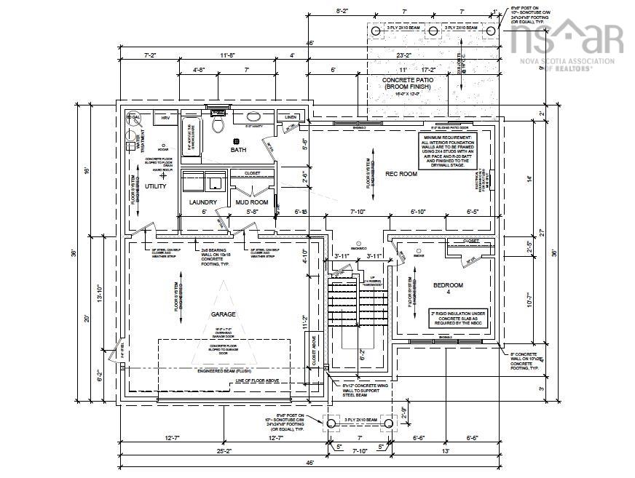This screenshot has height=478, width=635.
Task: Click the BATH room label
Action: tap(239, 150)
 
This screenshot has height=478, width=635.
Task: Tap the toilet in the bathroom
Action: tap(216, 124)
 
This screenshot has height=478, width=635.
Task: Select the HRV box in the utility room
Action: tap(166, 117)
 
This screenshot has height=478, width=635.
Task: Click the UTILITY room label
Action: tap(156, 186)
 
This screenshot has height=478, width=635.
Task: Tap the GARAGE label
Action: tap(224, 314)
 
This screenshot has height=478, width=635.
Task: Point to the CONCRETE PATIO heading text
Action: tap(409, 83)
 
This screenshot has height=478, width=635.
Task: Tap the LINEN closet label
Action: tap(290, 116)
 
